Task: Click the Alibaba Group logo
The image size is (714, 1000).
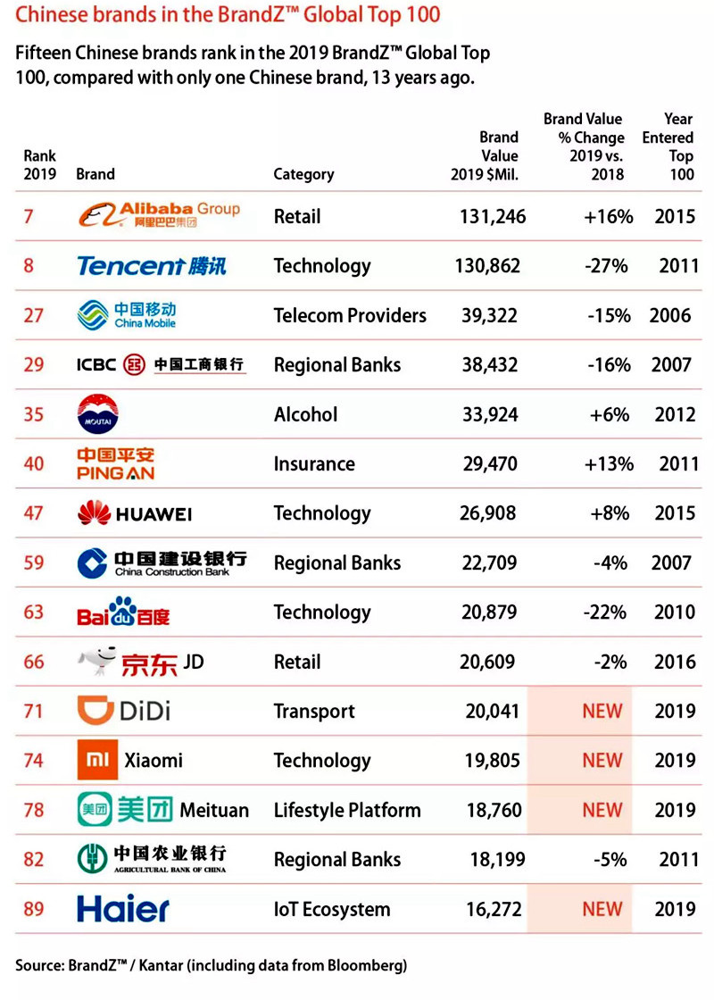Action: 158,215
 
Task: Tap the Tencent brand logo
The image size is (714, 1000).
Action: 151,265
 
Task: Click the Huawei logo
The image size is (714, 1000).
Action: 134,513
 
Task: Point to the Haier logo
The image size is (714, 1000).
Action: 122,909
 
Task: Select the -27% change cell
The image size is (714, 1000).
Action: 609,265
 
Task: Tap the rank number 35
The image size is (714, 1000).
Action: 34,414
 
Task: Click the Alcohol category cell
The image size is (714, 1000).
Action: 305,414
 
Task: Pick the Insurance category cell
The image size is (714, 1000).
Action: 314,463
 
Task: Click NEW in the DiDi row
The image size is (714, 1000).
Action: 602,712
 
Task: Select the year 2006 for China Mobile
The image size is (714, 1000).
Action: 671,315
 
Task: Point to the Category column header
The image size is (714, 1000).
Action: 303,174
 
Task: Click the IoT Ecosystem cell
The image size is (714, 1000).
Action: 332,910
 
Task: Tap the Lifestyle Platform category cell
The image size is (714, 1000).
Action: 347,811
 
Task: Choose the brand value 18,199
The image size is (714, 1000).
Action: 497,860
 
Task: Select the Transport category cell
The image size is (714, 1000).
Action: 314,712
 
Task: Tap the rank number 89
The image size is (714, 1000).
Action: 34,910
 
